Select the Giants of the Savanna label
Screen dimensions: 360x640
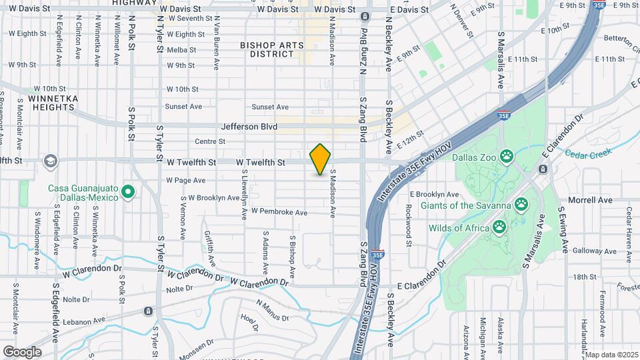[x=465, y=205]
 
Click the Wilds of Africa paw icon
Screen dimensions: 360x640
[x=499, y=228]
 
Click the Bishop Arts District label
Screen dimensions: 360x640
[x=272, y=49]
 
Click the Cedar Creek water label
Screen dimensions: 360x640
[x=587, y=153]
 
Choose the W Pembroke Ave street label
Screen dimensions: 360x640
[x=279, y=212]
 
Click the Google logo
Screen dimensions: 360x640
[x=22, y=351]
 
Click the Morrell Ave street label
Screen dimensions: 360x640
[x=590, y=200]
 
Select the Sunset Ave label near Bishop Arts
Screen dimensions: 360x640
[x=270, y=107]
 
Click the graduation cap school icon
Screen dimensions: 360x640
[x=50, y=161]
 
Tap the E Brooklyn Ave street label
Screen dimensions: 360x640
[x=434, y=194]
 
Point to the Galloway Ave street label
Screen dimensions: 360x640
[x=587, y=251]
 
